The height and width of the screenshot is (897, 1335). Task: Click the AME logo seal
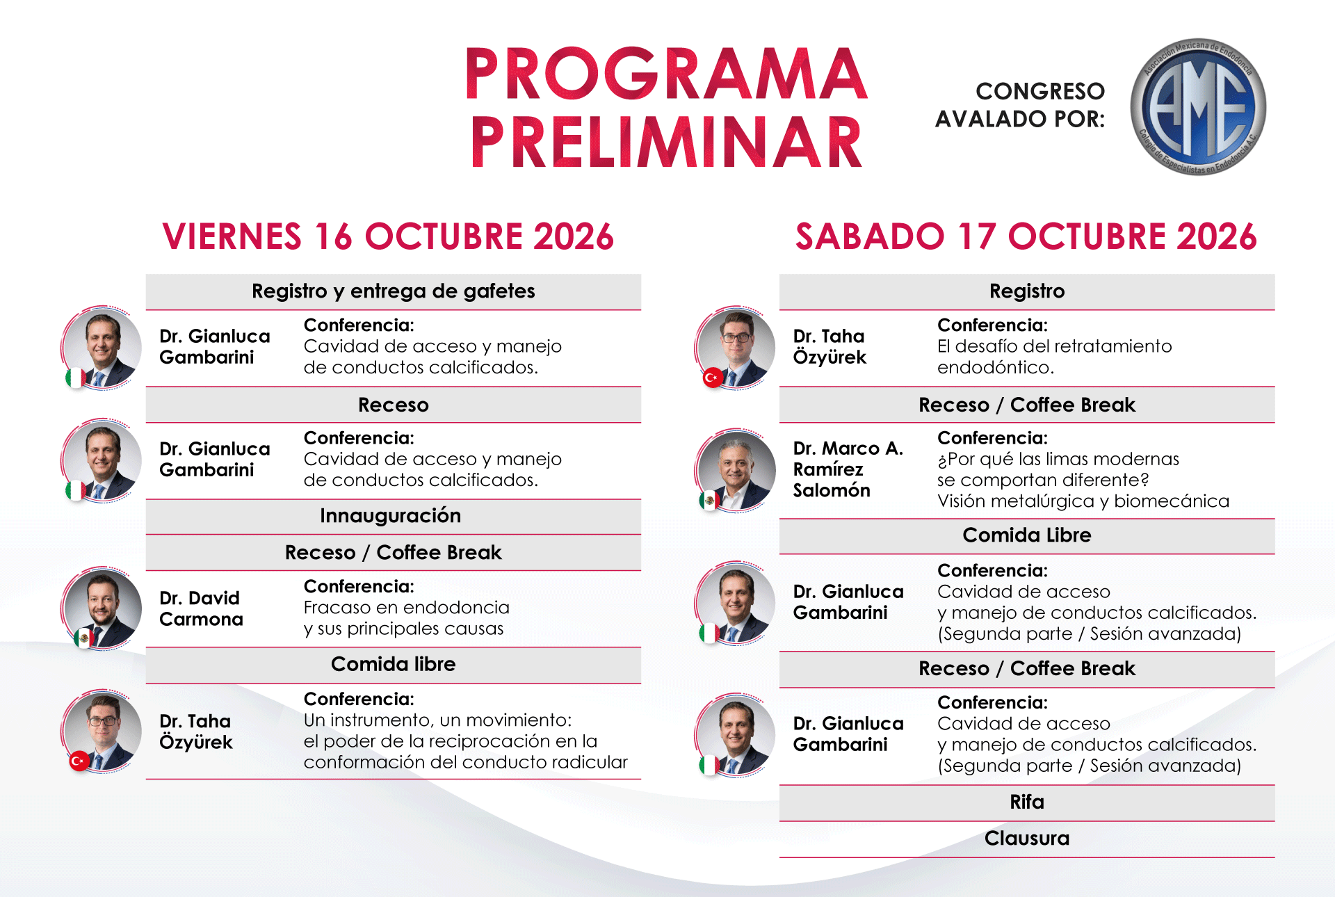coord(1198,106)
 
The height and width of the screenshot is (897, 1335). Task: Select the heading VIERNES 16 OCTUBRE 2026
coord(388,236)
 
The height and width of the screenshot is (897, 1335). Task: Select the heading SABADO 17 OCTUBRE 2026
coord(1026,236)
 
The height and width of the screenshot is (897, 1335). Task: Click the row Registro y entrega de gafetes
coord(394,291)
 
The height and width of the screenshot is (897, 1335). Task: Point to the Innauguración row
coord(394,516)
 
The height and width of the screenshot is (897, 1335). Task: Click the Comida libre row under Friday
coord(394,665)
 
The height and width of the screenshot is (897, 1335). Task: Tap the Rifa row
coord(1027,802)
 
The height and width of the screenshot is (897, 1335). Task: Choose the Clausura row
coord(1027,839)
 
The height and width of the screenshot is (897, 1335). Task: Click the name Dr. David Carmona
coord(201,608)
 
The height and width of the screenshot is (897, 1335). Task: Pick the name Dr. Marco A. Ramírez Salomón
coord(848,469)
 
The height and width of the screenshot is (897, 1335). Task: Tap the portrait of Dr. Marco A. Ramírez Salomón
coord(736,471)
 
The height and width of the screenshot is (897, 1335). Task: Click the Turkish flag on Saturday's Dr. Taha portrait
coord(712,378)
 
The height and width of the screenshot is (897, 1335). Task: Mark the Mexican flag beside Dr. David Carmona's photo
coord(84,638)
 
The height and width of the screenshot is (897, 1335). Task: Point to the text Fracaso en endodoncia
coord(407,608)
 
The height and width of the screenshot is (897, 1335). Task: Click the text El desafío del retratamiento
coord(1055,346)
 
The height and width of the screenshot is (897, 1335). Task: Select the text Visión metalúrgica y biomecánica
coord(1083,501)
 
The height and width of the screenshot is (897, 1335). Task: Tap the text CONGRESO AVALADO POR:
coord(1020,105)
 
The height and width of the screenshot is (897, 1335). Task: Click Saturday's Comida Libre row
coord(1027,535)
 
